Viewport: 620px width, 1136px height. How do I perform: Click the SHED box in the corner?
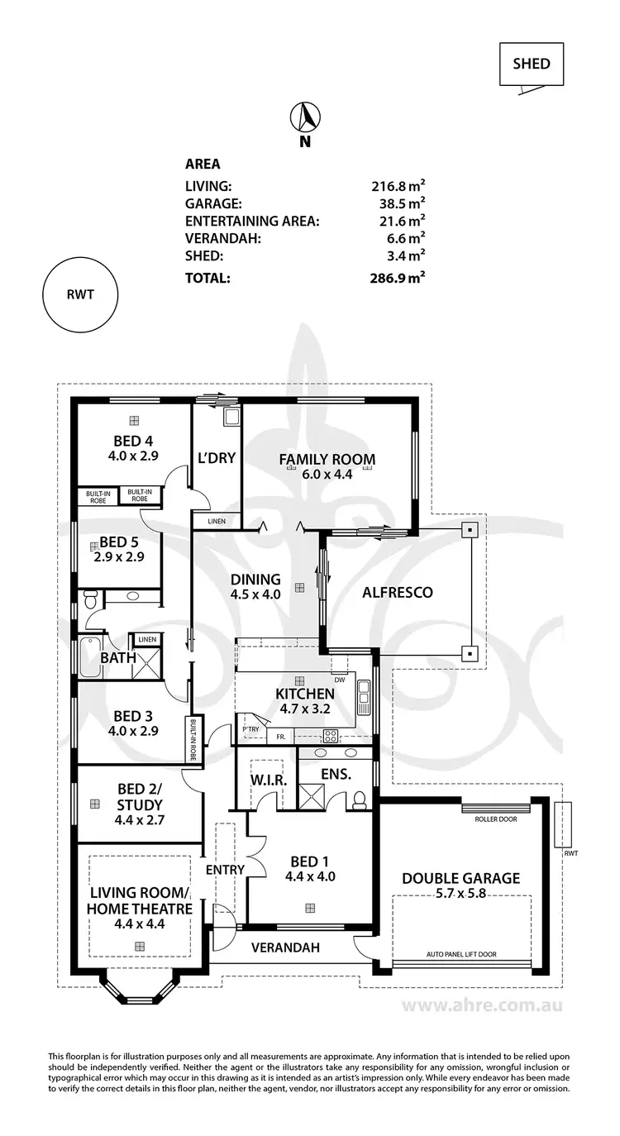531,64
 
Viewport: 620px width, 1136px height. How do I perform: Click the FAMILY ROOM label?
327,460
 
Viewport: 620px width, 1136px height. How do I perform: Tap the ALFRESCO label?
398,592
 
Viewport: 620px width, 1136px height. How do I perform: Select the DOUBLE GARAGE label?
460,878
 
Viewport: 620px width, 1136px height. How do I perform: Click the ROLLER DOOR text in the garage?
494,820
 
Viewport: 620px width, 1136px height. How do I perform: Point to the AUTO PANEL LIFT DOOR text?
460,954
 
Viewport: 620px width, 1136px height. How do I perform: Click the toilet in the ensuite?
359,799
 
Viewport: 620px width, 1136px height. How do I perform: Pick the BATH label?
113,658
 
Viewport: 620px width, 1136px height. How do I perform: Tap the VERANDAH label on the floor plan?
285,947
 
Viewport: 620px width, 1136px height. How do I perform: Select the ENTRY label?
225,870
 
